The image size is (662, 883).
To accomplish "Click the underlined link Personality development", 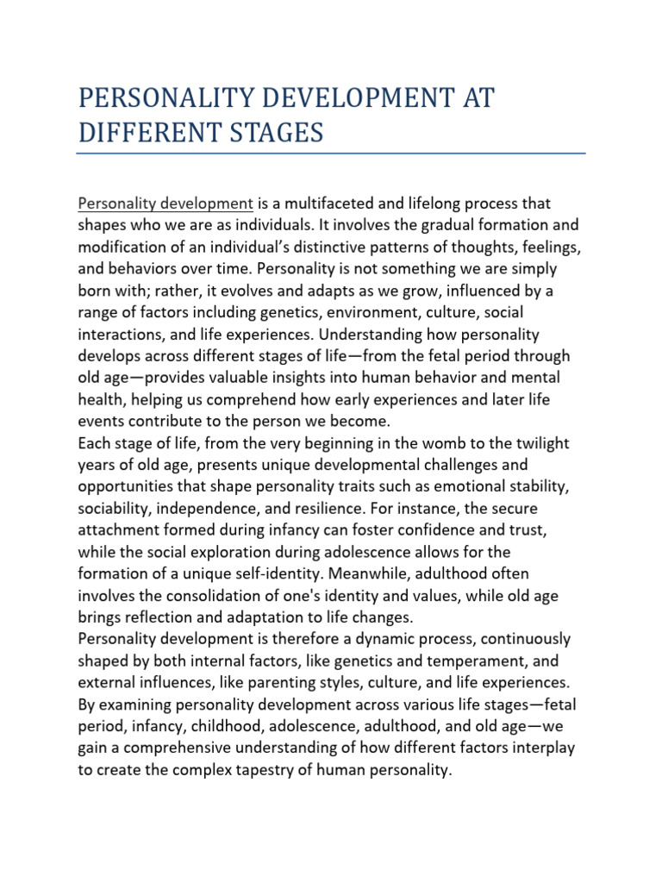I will point(165,204).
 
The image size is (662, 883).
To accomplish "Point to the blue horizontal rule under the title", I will point(331,154).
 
